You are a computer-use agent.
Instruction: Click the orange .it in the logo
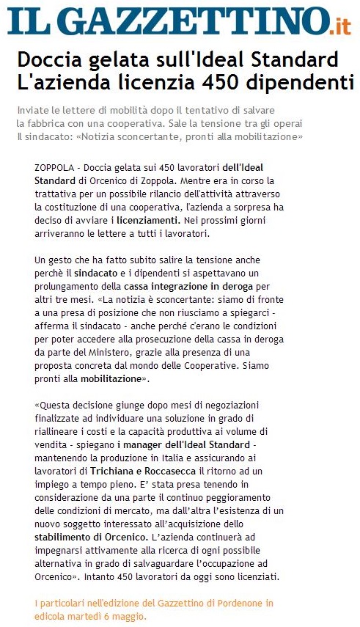click(x=339, y=27)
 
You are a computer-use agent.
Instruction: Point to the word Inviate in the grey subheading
click(x=32, y=110)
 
